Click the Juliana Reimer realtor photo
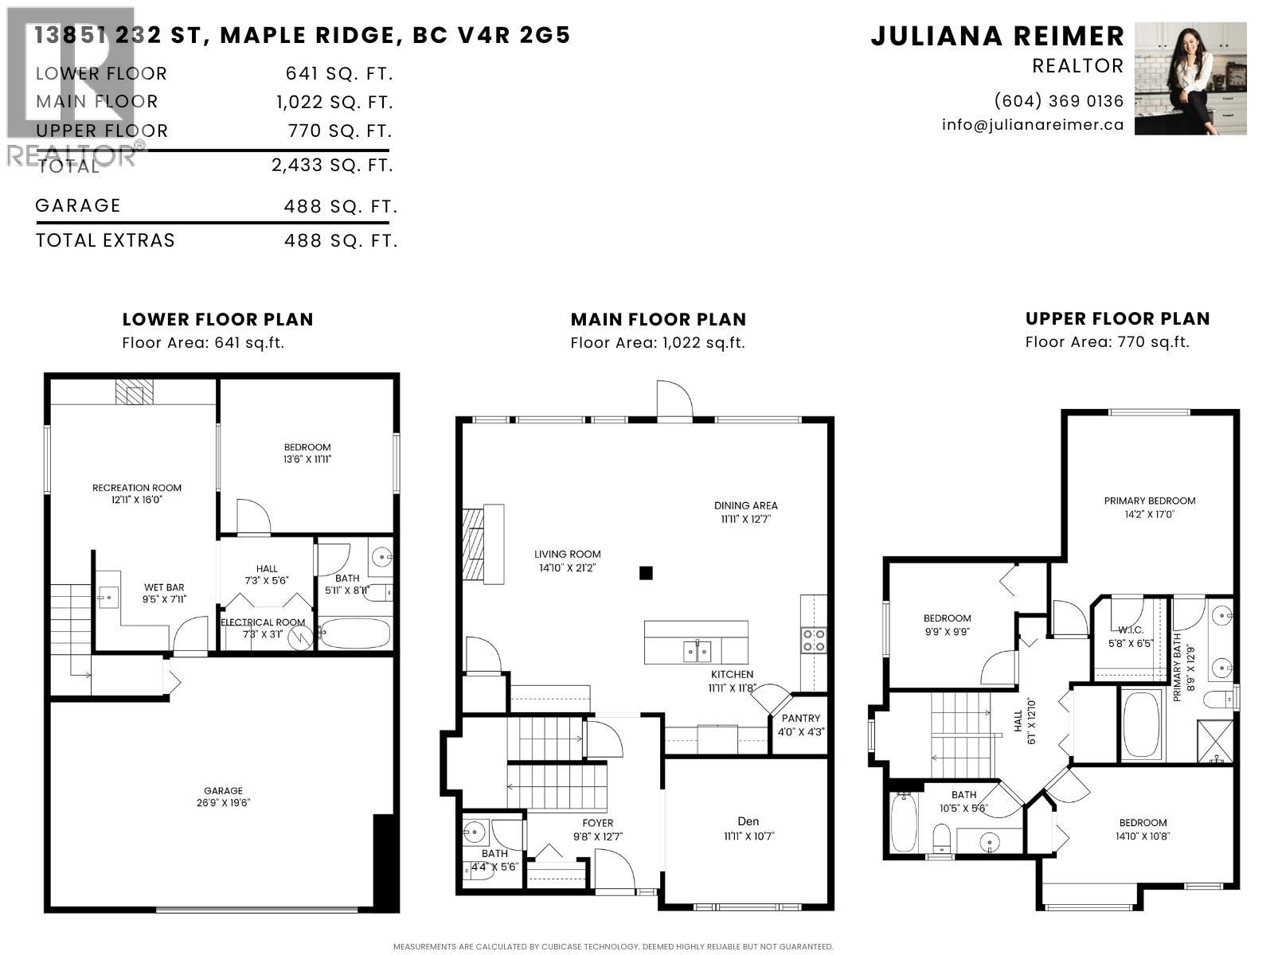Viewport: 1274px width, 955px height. click(1190, 78)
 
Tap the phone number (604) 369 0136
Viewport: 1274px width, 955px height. click(1059, 101)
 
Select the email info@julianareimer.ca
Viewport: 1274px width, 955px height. click(1033, 125)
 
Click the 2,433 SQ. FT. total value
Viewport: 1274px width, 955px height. click(333, 166)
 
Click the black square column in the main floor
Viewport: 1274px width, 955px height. click(646, 573)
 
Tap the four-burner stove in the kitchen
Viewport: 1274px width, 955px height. click(813, 640)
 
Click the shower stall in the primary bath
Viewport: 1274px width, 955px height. click(1216, 741)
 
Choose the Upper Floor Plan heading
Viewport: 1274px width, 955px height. click(1117, 318)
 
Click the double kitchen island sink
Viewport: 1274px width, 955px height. click(697, 651)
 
